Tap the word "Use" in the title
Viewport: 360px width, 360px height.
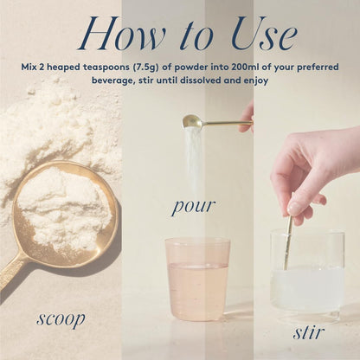tap(264, 35)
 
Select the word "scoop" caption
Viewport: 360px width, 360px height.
tap(61, 319)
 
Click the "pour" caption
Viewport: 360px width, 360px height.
tap(194, 206)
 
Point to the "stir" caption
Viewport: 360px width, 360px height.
tap(307, 332)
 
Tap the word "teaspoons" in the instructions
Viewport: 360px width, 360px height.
tap(106, 67)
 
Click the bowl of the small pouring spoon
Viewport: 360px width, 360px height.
tap(191, 121)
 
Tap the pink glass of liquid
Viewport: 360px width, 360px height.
tap(197, 280)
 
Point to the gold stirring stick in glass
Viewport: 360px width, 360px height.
tap(287, 242)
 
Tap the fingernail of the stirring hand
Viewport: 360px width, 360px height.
tap(295, 209)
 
